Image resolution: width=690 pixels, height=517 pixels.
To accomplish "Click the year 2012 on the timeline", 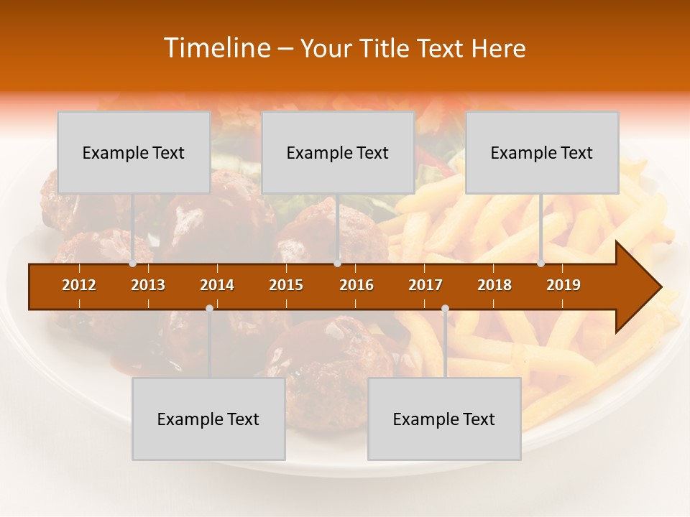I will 79,285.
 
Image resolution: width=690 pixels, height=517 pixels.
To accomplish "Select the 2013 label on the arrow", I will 148,285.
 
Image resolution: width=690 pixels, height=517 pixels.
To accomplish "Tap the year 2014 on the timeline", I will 217,285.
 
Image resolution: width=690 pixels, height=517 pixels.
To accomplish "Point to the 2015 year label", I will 286,285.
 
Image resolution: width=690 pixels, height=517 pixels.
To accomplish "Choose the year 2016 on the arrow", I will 356,285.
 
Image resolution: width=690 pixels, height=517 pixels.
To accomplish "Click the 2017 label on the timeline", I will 425,285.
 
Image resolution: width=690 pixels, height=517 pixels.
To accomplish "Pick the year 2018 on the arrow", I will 494,285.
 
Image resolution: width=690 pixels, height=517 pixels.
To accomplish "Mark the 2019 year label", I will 563,285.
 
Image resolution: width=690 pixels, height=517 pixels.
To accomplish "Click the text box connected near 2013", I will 134,152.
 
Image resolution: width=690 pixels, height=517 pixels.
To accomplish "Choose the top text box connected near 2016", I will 338,152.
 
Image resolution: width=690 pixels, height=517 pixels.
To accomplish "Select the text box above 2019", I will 542,152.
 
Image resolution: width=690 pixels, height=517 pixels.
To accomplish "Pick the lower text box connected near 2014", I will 208,419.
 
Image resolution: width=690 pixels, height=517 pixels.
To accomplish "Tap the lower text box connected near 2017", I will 444,419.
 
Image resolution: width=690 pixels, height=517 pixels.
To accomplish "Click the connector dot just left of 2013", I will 132,264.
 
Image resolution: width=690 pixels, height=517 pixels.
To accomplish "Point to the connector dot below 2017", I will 445,308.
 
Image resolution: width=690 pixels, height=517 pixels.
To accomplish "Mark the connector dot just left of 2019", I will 540,264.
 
